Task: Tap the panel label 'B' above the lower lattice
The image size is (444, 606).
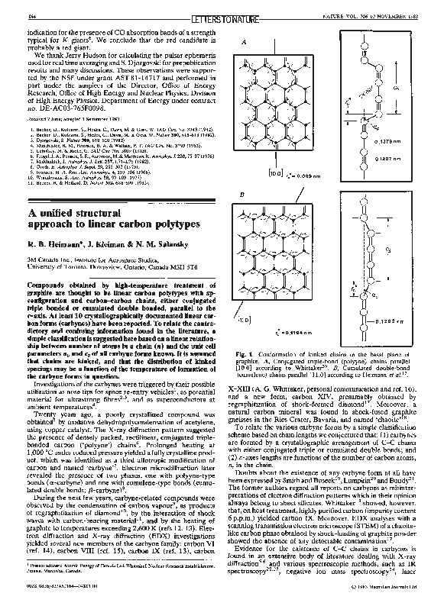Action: pyautogui.click(x=243, y=196)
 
